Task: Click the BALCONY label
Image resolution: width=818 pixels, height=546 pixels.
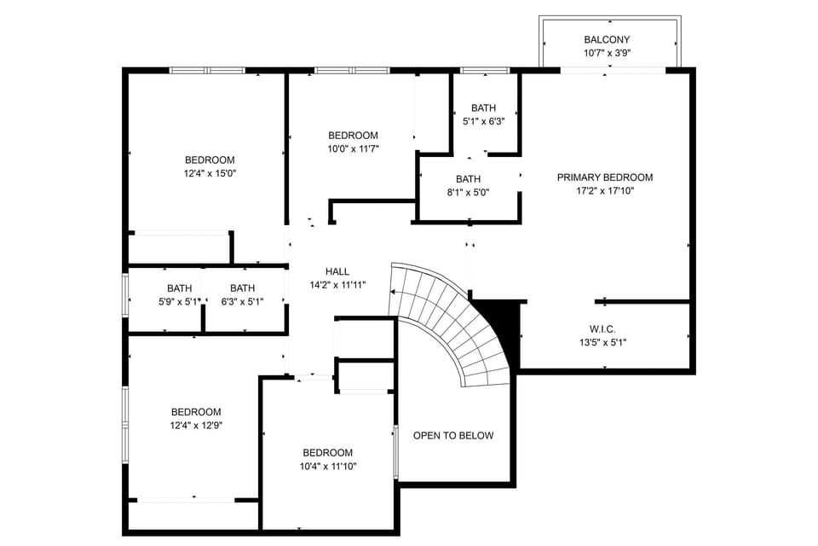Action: coord(607,39)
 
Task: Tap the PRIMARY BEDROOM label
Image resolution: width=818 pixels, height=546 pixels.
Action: coord(605,177)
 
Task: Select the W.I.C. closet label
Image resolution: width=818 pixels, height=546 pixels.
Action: coord(602,328)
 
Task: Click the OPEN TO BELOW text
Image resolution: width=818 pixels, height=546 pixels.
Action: coord(453,436)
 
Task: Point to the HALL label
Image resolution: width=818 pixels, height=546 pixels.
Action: coord(337,271)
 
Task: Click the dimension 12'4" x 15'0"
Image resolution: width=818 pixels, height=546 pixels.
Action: coord(210,173)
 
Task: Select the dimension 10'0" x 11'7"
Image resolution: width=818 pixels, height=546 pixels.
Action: coord(354,148)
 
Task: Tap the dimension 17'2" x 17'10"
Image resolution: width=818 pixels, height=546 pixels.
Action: coord(605,191)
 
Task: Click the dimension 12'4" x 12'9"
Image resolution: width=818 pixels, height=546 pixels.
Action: coord(196,425)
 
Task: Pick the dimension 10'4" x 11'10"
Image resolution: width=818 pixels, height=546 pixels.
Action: coord(328,466)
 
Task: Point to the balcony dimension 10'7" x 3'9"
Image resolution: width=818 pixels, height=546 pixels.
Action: coord(607,53)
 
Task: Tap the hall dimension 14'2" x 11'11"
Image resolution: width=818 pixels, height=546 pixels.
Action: coord(337,285)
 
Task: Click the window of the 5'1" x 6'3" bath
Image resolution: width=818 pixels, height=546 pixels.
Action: coord(485,70)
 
